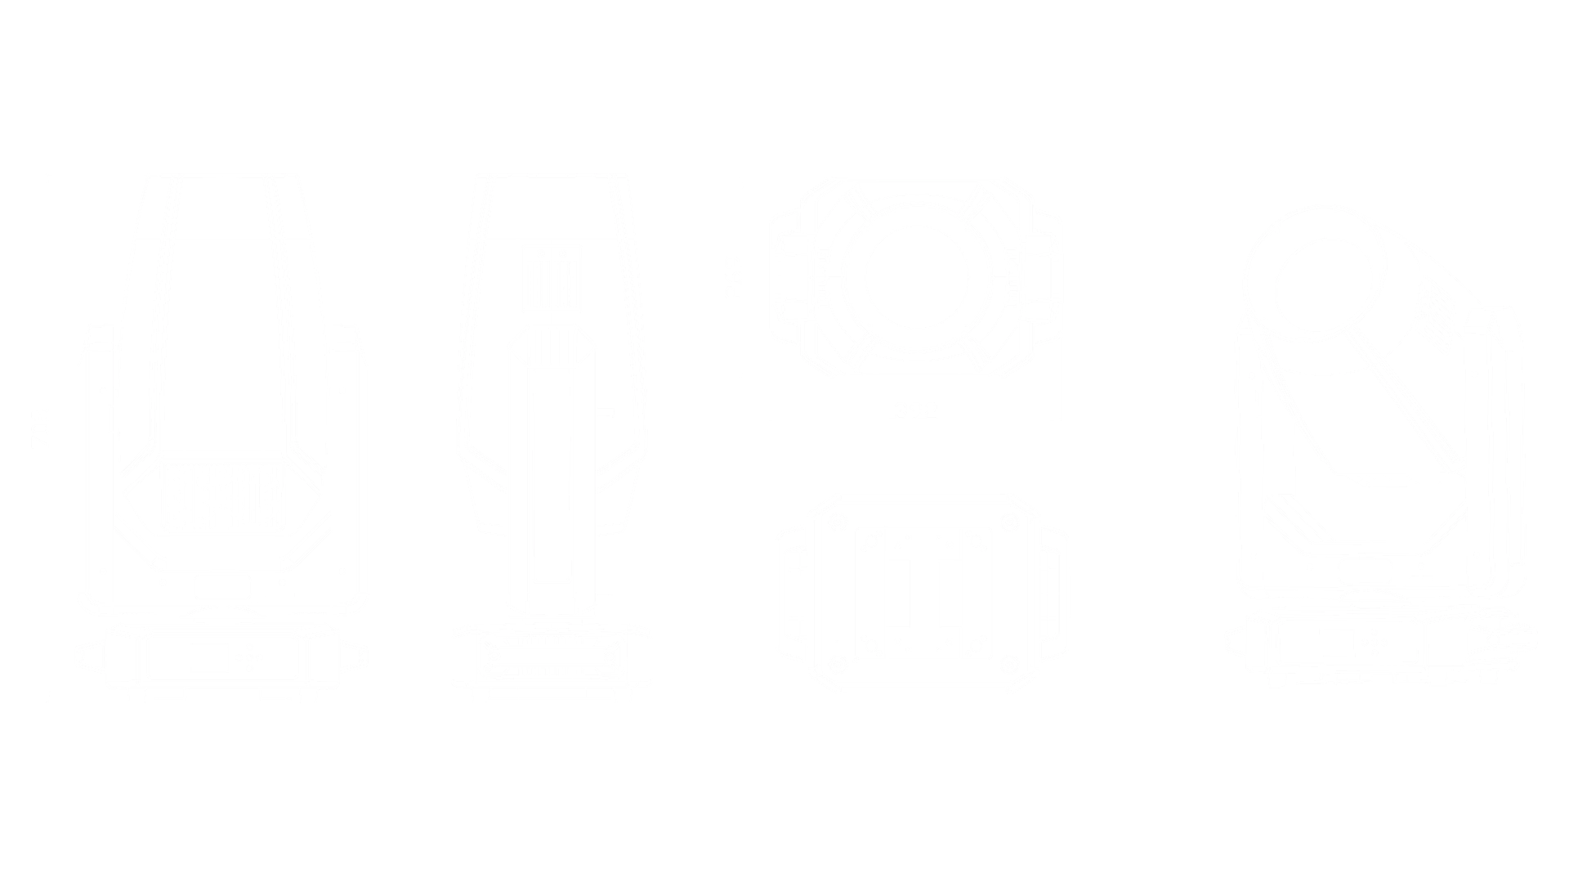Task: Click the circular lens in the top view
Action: pyautogui.click(x=915, y=276)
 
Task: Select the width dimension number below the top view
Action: pyautogui.click(x=915, y=406)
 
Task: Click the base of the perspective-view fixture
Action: pyautogui.click(x=1381, y=646)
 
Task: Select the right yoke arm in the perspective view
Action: pyautogui.click(x=1508, y=441)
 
